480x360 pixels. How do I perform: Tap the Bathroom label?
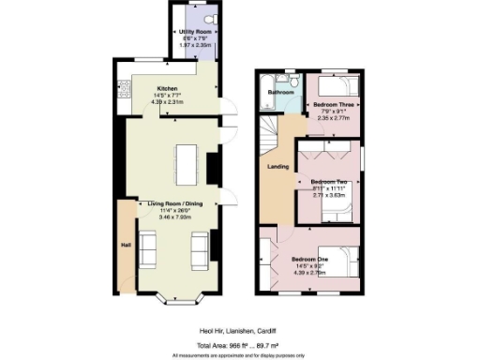[281, 93]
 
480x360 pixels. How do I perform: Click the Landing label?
[277, 168]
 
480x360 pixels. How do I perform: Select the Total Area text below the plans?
[239, 346]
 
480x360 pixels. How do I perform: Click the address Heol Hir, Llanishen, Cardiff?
[239, 331]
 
